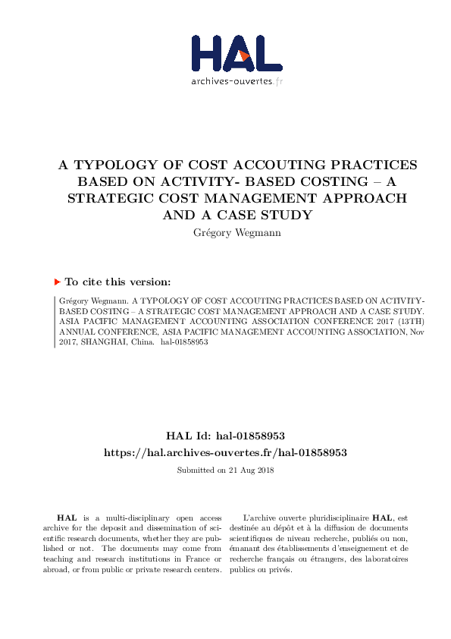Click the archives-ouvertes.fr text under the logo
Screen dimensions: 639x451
[x=236, y=81]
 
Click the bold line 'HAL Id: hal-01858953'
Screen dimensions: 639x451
[x=225, y=436]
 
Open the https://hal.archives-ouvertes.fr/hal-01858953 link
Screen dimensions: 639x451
[x=225, y=452]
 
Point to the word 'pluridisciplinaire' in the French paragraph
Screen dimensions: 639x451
[x=337, y=517]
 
